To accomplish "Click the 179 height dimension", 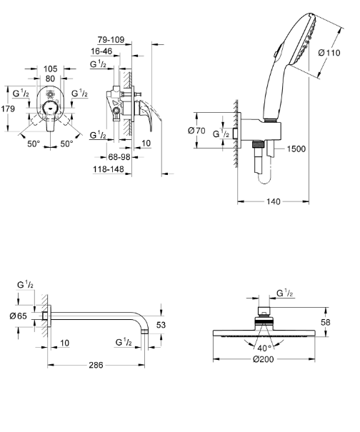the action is point(8,109).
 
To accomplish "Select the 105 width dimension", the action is point(51,69).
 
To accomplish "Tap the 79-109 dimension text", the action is point(111,40).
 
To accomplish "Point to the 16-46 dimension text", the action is point(101,51).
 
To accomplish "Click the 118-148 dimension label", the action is point(109,169).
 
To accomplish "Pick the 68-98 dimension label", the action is point(119,157).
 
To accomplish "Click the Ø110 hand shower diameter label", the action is point(329,53).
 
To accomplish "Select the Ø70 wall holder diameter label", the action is point(196,131).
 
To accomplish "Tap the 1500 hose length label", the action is point(296,149).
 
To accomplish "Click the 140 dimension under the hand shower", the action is point(274,201).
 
